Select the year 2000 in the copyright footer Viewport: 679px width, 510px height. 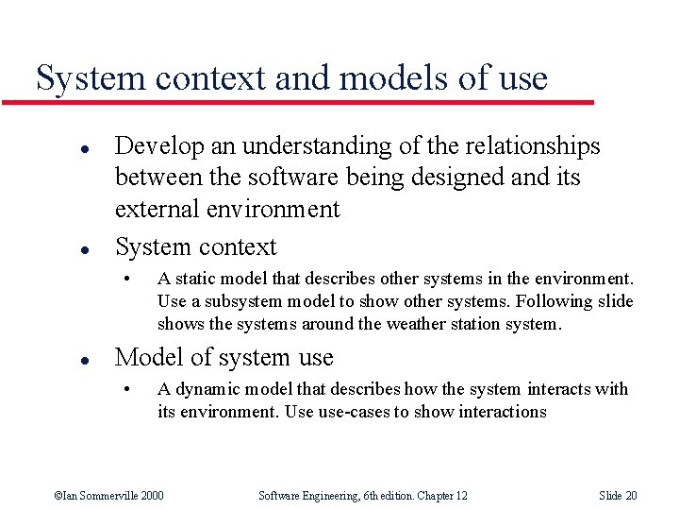pos(150,496)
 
